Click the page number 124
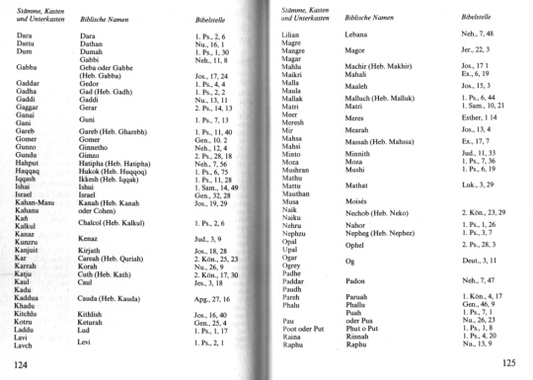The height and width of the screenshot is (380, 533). click(15, 366)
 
